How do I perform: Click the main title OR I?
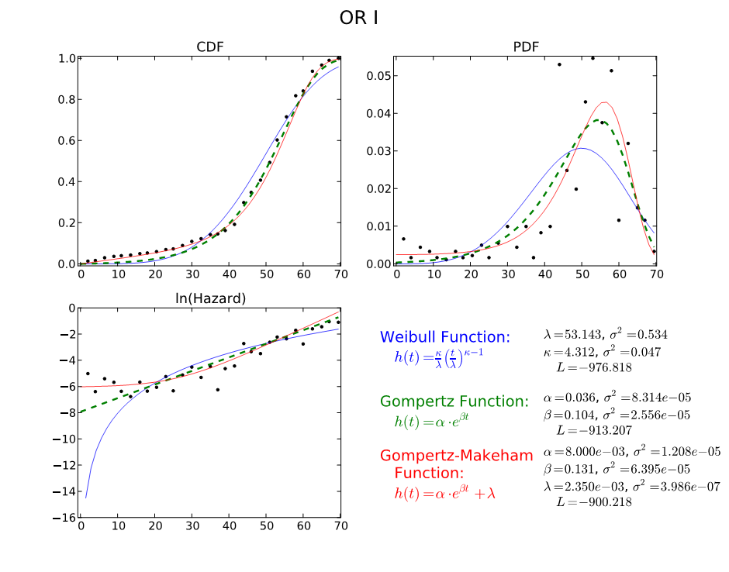(x=359, y=18)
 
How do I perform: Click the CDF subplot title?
(x=210, y=47)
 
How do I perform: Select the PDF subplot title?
(x=527, y=47)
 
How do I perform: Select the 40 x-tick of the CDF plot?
(x=229, y=274)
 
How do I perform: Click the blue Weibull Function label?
(x=445, y=337)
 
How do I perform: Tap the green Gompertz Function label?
(x=454, y=401)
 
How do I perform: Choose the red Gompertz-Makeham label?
(x=457, y=456)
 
